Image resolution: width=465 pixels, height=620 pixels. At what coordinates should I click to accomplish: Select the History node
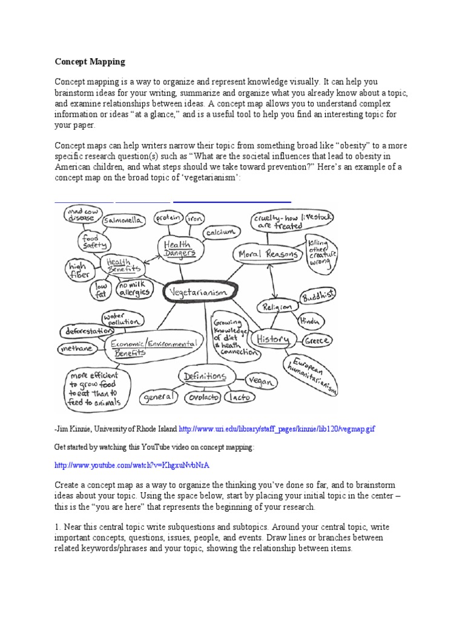click(272, 340)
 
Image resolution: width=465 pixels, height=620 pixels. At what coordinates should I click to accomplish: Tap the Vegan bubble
click(260, 381)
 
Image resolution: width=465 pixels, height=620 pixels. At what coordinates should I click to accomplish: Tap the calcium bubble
click(219, 232)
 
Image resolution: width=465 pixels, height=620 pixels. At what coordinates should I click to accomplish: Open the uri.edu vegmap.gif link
click(277, 428)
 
